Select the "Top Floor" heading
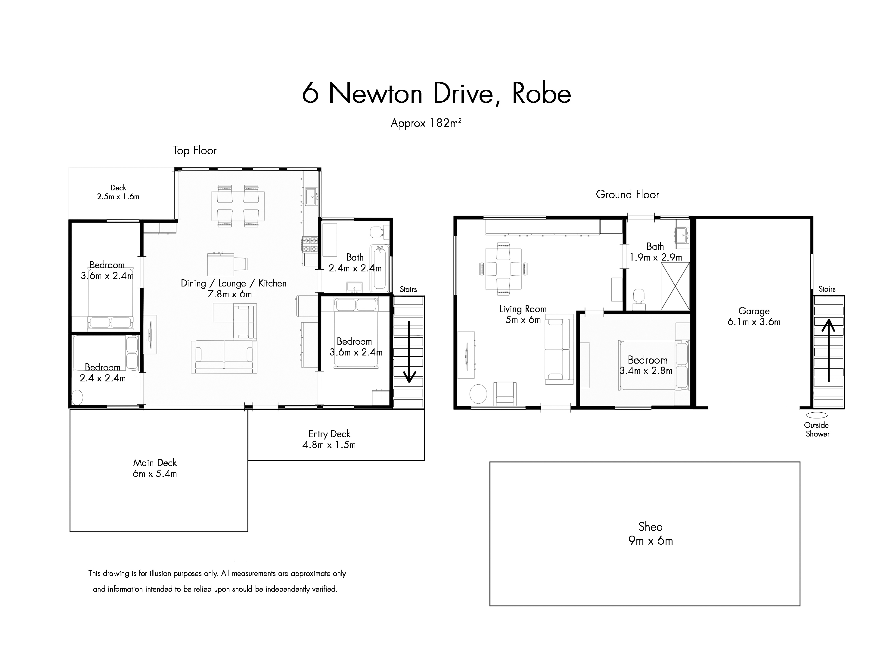[x=195, y=151]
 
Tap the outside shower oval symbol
[x=816, y=415]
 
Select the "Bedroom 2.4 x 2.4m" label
[x=103, y=373]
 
